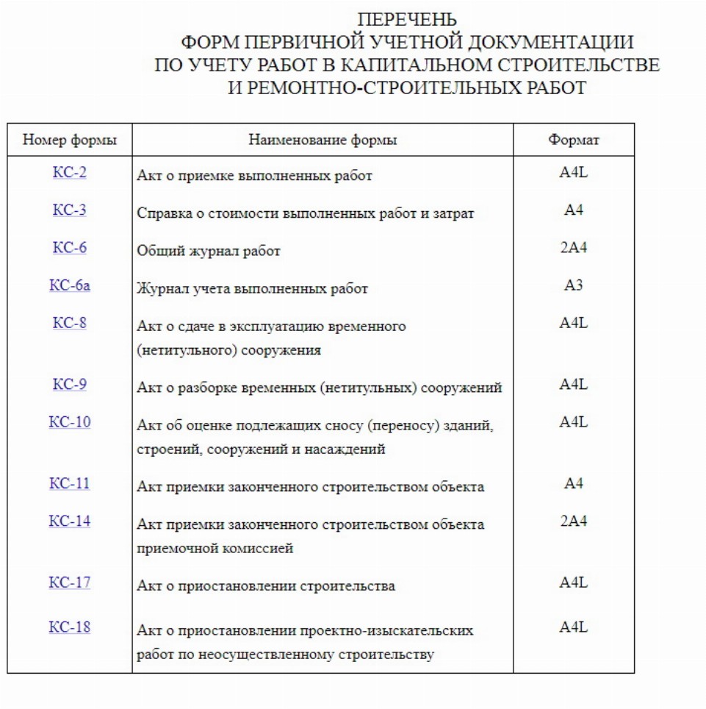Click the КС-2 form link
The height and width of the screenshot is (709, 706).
[70, 173]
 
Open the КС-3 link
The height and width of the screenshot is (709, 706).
[70, 210]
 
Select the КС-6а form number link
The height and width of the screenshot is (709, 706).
[70, 285]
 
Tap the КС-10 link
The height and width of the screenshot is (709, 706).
[70, 422]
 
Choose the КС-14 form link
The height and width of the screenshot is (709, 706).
[70, 521]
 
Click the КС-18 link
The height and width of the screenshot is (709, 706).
[70, 627]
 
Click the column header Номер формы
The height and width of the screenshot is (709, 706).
[70, 140]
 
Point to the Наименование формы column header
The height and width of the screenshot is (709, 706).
[323, 140]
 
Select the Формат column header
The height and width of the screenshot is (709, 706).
[574, 140]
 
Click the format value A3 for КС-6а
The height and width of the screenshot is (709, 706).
[574, 285]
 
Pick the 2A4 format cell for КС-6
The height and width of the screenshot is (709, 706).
[574, 248]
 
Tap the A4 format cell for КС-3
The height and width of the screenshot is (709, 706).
[574, 210]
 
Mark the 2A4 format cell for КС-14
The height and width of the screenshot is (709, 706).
[574, 521]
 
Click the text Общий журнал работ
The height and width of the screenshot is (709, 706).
[209, 252]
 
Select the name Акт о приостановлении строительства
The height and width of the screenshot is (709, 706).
[266, 586]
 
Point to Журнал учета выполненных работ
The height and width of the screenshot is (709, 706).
[252, 289]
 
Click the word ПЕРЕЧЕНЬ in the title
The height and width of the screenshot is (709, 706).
[406, 19]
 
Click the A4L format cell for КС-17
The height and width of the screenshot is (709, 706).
[574, 582]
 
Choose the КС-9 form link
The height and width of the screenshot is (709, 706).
[70, 385]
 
